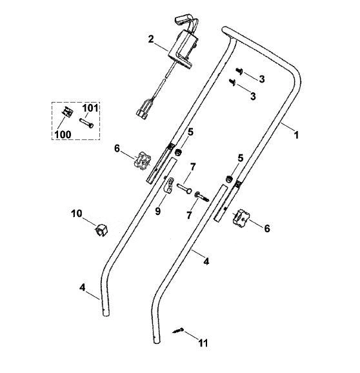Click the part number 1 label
coord(296,135)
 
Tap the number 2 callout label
coord(151,39)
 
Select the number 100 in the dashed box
coord(63,135)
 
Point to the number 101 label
coord(90,108)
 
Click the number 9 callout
coord(158,211)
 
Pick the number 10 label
coord(77,214)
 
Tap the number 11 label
coord(203,343)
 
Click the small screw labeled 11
coord(178,330)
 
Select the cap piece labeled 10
coord(101,229)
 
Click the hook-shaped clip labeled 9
coord(168,185)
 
